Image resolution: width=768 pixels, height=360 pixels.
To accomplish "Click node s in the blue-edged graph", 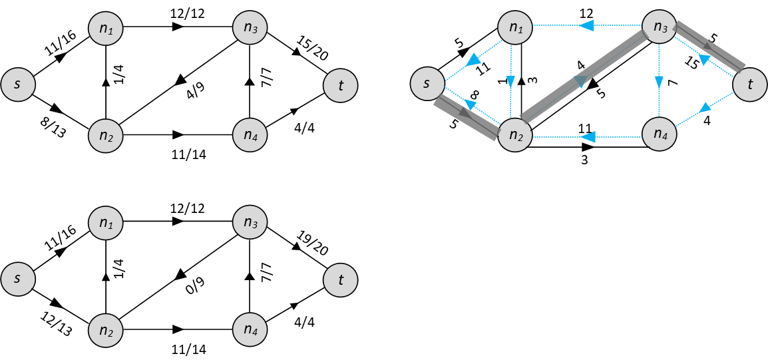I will pos(427,83).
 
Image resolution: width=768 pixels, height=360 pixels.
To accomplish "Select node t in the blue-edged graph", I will pos(750,85).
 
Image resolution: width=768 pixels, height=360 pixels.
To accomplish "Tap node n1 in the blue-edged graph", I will pos(516,28).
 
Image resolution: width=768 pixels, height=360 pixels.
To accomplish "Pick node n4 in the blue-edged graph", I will pos(660,134).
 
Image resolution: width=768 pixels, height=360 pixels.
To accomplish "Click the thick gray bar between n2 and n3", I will pos(584,78).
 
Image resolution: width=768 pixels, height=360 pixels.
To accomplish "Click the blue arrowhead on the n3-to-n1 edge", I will pos(586,26).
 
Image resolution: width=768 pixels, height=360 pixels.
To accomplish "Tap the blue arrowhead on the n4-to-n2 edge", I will pos(586,137).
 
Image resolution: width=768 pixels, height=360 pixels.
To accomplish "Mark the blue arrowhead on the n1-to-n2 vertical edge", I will pos(510,82).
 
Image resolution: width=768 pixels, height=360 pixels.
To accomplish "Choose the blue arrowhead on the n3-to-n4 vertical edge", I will pos(659,82).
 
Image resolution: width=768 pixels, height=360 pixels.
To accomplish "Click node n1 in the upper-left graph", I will pos(106,29).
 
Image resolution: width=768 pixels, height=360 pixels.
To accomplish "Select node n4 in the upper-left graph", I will pos(250,136).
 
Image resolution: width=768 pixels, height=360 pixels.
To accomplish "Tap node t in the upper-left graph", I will pos(341,85).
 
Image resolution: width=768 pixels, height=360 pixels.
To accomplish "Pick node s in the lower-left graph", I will pos(18,279).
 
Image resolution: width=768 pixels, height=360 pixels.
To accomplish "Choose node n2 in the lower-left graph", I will pos(106,329).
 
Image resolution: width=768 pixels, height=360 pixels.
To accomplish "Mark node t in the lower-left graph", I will pos(341,280).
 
